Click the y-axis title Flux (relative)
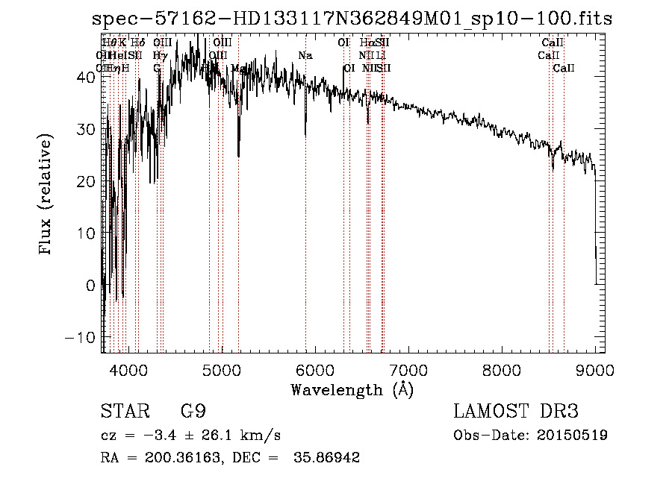(x=46, y=195)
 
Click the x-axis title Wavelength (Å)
(x=352, y=389)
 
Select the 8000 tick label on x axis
(x=501, y=369)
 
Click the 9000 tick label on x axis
(x=594, y=369)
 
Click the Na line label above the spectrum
(x=305, y=56)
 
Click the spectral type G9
(x=192, y=412)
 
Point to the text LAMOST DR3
(x=516, y=412)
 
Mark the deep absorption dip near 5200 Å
(x=239, y=153)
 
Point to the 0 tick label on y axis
(x=92, y=285)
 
